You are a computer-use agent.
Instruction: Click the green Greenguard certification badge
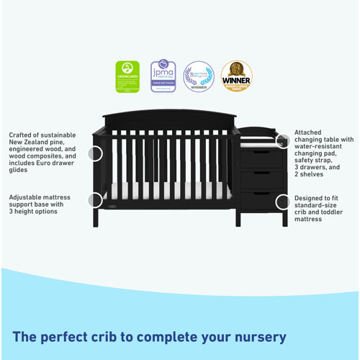click(x=128, y=76)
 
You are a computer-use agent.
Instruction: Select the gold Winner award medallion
click(x=237, y=76)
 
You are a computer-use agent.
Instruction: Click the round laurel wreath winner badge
click(x=199, y=76)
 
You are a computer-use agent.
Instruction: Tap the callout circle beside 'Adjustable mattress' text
click(x=94, y=201)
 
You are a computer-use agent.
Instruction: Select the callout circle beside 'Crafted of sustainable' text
click(x=94, y=153)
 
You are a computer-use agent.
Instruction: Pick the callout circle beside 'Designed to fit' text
click(x=283, y=202)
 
